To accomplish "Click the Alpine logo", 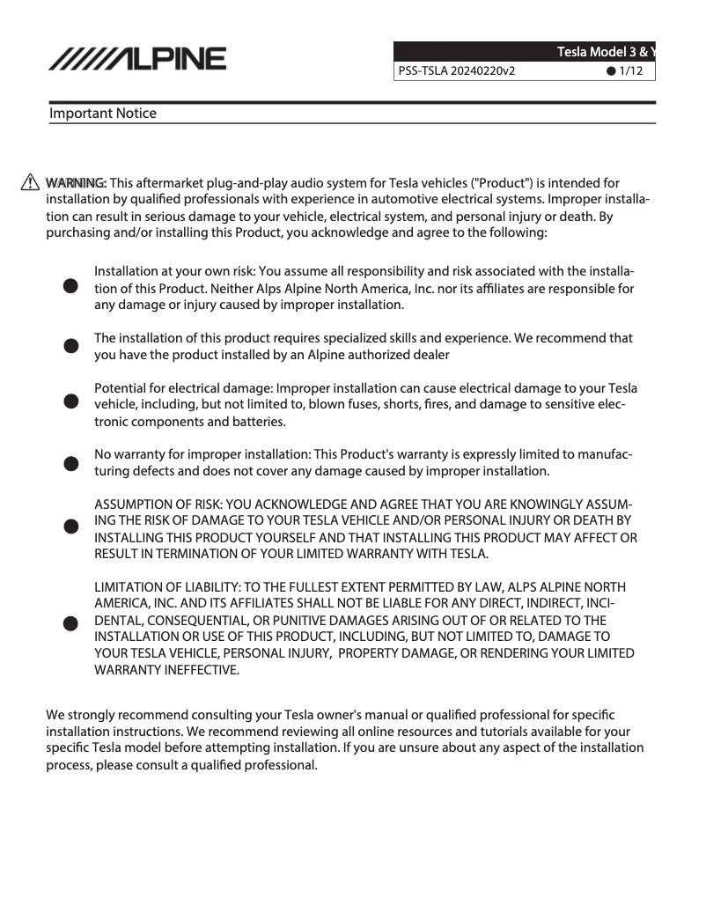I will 137,59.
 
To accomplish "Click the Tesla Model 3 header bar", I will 524,51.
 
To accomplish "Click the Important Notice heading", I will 103,113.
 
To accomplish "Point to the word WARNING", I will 76,182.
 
